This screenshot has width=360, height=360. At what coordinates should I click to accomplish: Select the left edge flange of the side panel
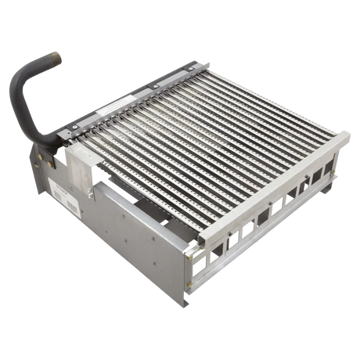pyautogui.click(x=35, y=180)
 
